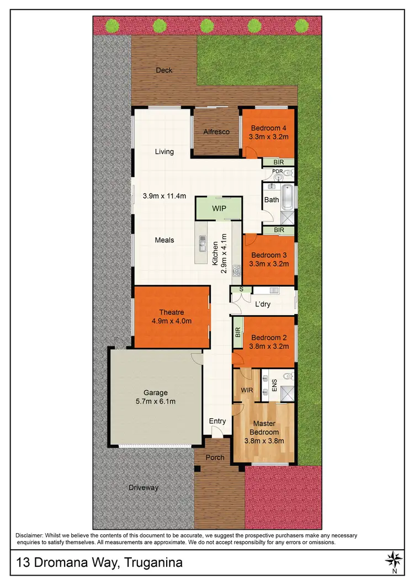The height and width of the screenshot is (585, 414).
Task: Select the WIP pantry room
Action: pos(219,209)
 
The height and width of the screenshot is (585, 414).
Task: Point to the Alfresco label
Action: pos(216,132)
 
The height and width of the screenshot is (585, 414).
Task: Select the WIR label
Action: pos(246,390)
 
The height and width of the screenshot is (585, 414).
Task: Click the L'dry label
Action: pos(262,304)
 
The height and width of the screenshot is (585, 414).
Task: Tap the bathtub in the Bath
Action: pos(288,199)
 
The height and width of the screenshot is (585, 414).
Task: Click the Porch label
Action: pos(215,458)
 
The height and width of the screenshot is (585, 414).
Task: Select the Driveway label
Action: pos(144,488)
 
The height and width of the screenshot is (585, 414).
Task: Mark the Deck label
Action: pos(164,70)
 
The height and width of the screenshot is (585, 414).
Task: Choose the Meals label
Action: pos(164,240)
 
